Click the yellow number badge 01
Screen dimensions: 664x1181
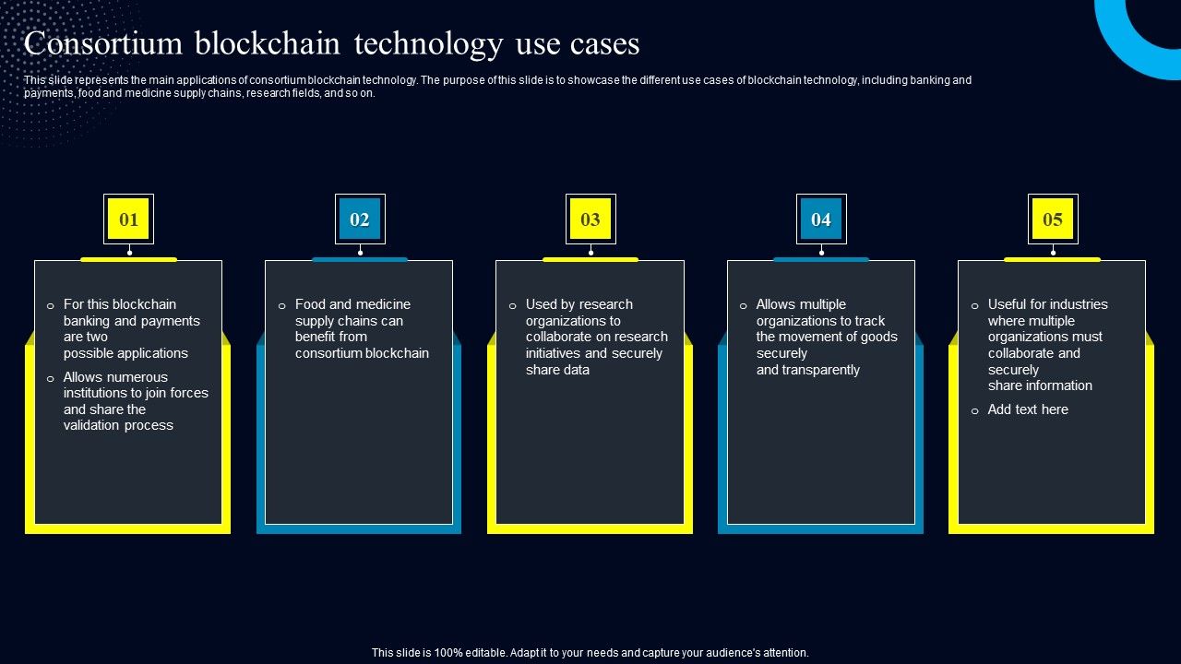tap(128, 219)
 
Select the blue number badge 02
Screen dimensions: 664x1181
tap(360, 219)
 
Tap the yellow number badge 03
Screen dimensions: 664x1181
tap(590, 219)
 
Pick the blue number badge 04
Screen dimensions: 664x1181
tap(821, 219)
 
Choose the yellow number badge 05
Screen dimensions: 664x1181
tap(1053, 219)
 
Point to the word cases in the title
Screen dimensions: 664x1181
tap(599, 44)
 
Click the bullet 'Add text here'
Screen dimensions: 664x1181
tap(1028, 409)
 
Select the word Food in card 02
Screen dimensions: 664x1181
tap(311, 304)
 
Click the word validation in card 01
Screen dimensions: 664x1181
tap(92, 425)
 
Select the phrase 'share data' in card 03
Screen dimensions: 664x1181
tap(557, 370)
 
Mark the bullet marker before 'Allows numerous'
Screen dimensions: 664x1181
tap(51, 378)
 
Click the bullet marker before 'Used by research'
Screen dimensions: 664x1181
tap(512, 305)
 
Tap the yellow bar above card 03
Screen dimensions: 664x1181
tap(590, 259)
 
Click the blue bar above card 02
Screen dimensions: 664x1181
tap(360, 259)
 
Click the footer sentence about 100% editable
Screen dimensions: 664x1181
tap(590, 653)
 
